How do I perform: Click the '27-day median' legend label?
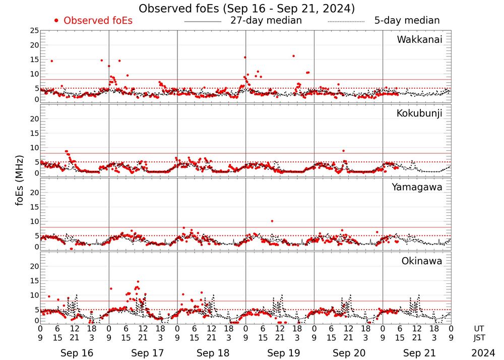[266, 21]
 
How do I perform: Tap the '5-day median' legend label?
[407, 21]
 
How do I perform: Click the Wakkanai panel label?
[419, 40]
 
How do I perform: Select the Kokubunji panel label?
[419, 113]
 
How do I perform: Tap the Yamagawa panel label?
[417, 187]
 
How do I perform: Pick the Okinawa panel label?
[422, 261]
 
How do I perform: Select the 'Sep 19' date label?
[280, 353]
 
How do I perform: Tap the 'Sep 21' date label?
[417, 353]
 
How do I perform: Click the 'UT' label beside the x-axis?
[479, 329]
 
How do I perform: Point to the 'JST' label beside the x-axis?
[479, 338]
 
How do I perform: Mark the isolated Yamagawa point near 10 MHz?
[272, 221]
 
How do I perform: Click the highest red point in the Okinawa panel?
[138, 282]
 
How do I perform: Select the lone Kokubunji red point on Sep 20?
[343, 151]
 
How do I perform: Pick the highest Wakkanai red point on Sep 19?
[293, 56]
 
